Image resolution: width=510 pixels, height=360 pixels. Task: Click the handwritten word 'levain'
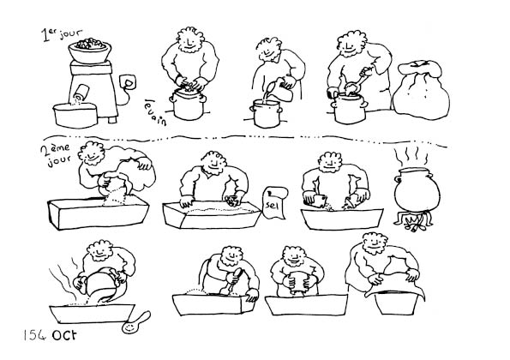155,112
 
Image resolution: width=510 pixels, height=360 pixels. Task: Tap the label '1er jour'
62,35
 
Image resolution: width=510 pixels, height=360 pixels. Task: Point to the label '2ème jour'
56,155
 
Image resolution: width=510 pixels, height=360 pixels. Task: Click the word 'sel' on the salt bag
273,206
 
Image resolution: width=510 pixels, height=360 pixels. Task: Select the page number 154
34,335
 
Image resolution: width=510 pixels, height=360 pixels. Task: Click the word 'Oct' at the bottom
64,335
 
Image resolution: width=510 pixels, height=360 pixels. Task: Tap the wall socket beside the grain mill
127,82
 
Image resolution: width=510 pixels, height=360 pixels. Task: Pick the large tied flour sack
421,90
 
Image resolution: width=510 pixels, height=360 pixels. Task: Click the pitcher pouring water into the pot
282,90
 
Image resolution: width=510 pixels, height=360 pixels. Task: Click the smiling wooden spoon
136,322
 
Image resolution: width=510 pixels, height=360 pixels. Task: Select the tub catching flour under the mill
75,115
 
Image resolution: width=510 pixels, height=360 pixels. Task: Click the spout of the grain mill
81,93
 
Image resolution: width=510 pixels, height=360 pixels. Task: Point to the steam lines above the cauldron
411,156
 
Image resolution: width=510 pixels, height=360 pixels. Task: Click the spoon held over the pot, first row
357,81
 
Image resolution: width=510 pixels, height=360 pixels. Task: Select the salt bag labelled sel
275,202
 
